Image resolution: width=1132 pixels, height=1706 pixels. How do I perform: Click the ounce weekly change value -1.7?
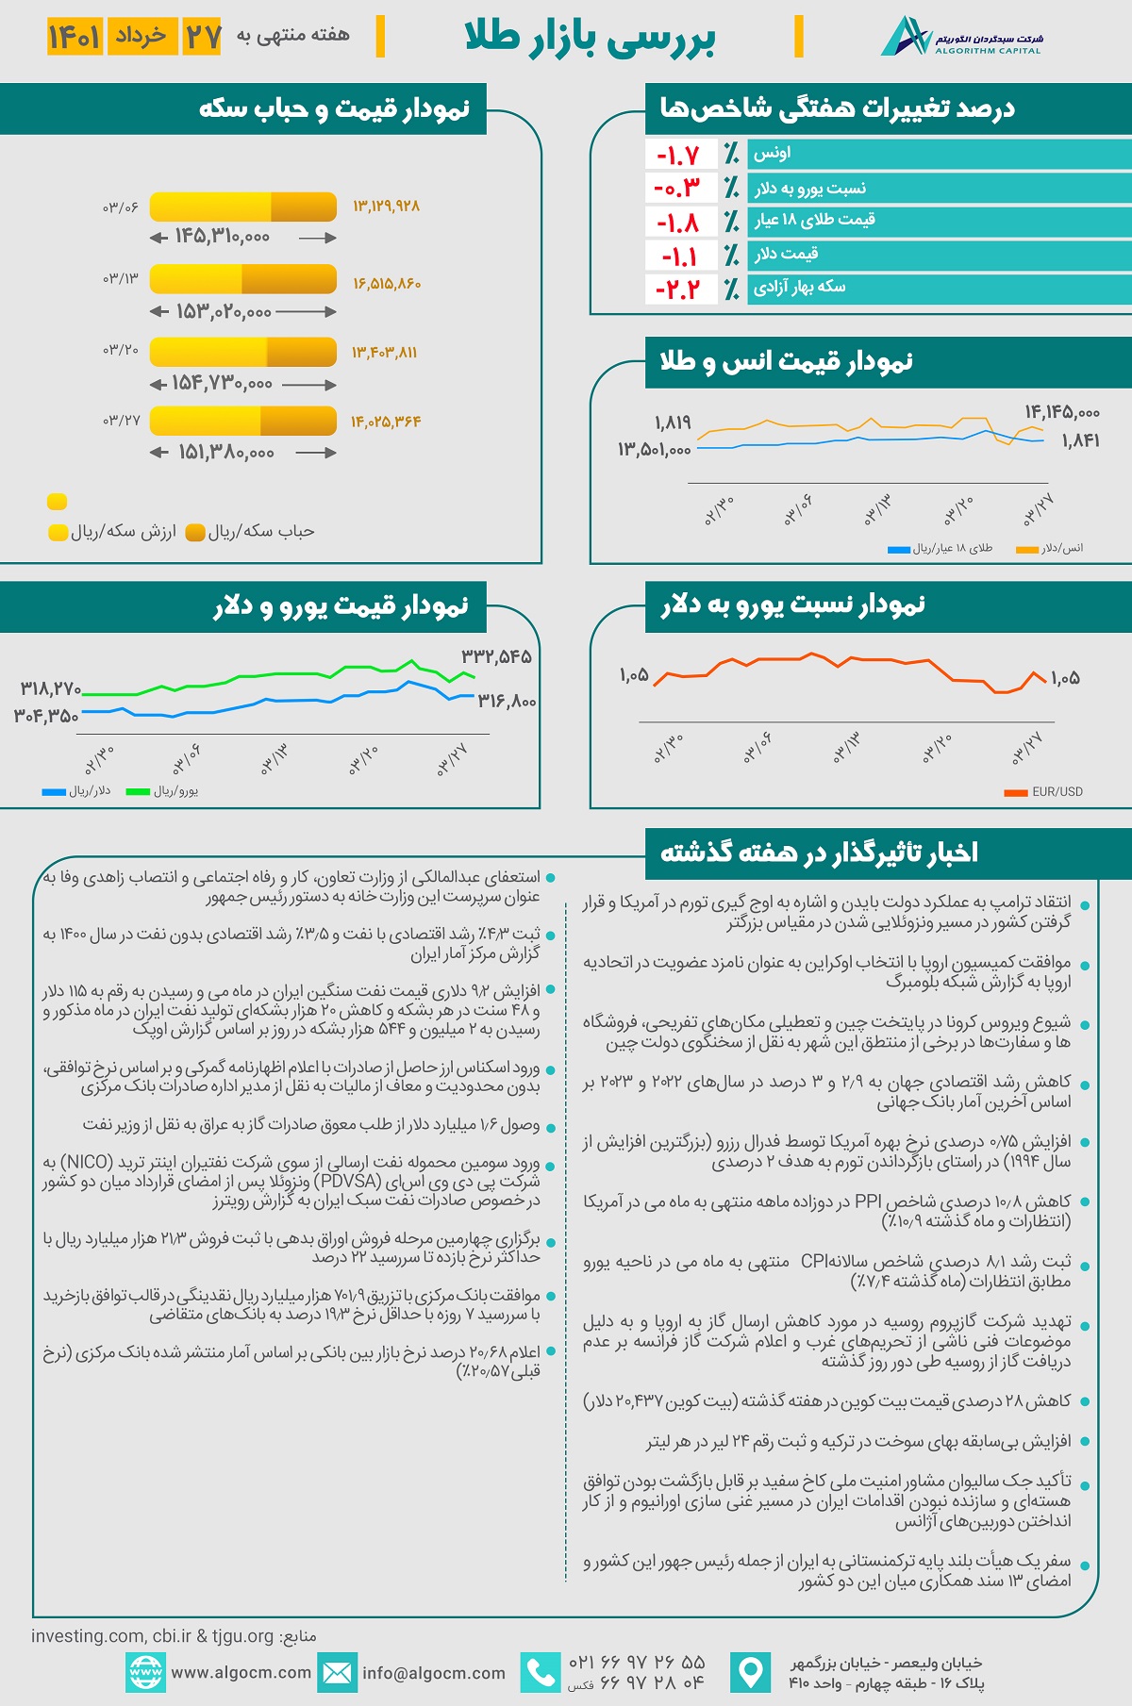677,155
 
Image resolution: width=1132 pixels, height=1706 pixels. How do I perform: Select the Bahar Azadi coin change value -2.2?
677,289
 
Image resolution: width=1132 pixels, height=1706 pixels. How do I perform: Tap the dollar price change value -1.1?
677,256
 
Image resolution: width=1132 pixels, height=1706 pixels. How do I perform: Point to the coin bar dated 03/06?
243,207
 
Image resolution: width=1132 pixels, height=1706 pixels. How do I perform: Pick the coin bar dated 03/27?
243,421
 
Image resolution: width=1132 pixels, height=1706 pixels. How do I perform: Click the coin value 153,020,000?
224,312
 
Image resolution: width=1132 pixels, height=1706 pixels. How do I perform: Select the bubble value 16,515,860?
387,283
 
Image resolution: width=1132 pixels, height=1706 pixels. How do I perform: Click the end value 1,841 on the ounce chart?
1080,440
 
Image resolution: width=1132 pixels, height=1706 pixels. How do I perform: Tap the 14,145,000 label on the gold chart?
1062,412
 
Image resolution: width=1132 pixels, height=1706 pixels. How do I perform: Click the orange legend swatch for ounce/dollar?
1026,549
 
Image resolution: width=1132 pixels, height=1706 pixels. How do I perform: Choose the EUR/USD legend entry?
1043,792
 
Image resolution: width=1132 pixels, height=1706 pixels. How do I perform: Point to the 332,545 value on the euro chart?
496,656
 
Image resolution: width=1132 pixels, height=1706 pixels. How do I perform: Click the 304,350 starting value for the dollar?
46,717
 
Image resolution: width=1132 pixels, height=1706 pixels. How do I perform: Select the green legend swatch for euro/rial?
138,792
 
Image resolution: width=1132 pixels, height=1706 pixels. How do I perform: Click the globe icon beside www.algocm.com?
145,1673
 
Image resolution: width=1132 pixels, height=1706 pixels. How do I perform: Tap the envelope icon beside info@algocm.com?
337,1673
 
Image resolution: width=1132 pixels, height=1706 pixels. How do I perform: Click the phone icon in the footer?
541,1673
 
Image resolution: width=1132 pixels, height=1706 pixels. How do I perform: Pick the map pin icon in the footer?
751,1673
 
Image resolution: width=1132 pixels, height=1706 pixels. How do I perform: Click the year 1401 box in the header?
75,38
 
